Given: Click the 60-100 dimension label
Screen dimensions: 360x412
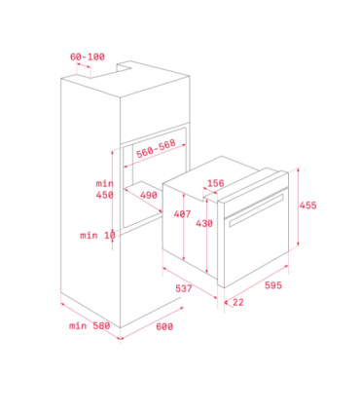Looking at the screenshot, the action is coord(88,56).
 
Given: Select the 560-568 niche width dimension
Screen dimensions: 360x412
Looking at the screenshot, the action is coord(156,148).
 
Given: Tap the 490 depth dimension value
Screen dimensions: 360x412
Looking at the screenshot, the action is coord(149,195).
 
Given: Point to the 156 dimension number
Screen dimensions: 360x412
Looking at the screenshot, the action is coord(216,183).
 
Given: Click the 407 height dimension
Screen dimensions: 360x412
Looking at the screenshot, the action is coord(182,214).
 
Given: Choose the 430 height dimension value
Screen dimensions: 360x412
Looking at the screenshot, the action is coord(204,223).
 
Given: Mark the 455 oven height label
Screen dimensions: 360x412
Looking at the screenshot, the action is coord(307,206).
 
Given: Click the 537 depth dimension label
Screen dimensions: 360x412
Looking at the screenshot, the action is coord(184,288).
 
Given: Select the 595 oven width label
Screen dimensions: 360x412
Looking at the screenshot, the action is coord(273,285).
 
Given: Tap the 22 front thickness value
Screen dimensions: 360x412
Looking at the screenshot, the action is coord(238,302).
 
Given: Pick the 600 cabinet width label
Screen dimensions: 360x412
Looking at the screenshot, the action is coord(164,326).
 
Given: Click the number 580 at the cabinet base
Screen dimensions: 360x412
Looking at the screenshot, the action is coord(101,325).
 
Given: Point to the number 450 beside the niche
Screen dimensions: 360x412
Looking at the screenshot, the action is coord(105,195).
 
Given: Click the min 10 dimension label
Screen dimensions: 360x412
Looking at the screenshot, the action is coord(97,235).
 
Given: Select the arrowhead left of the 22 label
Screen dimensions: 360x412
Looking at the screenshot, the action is coord(227,303).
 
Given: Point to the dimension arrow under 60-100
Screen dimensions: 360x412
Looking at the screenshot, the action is coord(84,66).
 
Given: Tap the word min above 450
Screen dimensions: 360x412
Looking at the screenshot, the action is coord(105,183).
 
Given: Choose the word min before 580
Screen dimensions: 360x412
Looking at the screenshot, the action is coord(78,325).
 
